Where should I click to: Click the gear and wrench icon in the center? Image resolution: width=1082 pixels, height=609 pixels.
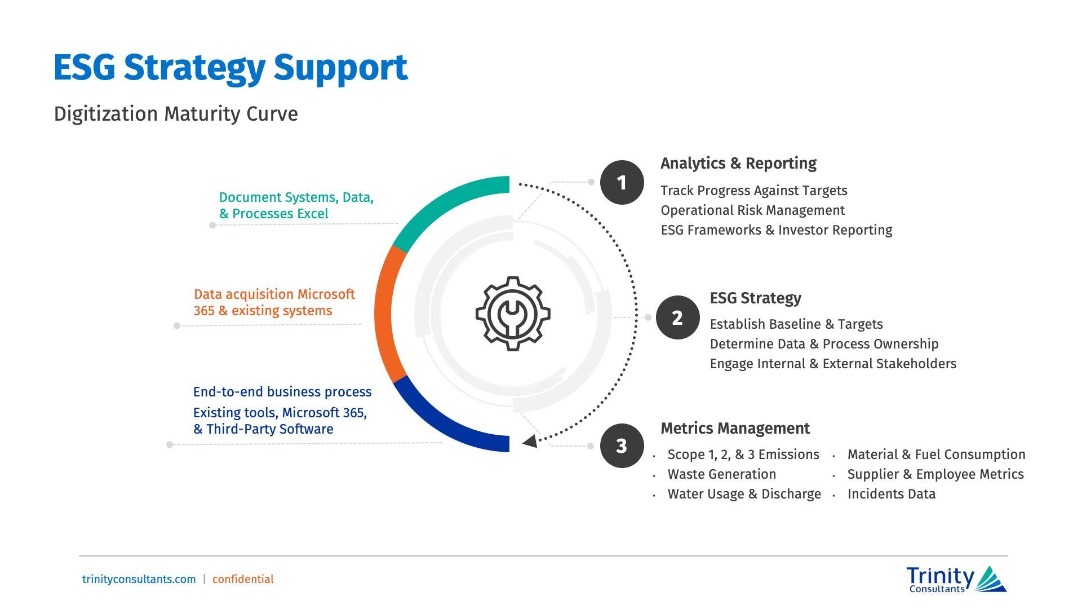[513, 314]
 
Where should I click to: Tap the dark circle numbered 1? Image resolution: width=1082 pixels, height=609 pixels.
[622, 182]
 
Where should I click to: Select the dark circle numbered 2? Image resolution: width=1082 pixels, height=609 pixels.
[677, 317]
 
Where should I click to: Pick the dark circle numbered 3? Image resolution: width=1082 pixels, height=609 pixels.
[622, 445]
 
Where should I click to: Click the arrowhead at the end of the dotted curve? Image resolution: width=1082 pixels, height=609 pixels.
[530, 442]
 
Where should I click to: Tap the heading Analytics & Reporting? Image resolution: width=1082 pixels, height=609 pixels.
[738, 164]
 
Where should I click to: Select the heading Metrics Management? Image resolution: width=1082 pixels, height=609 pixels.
[735, 429]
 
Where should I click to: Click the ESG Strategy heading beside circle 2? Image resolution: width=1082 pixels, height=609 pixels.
[755, 298]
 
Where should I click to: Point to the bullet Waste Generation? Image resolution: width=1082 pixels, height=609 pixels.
[721, 474]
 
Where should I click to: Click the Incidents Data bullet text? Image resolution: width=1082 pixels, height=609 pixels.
[891, 494]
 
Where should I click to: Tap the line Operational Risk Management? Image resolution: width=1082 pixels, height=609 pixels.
[752, 210]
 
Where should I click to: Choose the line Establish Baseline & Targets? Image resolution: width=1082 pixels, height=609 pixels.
[796, 324]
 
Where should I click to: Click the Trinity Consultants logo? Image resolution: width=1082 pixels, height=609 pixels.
[956, 580]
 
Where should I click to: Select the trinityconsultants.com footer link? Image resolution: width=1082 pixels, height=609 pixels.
[139, 579]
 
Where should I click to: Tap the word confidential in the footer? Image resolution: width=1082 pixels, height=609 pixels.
[243, 579]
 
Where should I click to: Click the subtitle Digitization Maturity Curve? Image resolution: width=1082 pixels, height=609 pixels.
[176, 114]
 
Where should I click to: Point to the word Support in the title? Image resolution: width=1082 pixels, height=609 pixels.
[340, 68]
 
